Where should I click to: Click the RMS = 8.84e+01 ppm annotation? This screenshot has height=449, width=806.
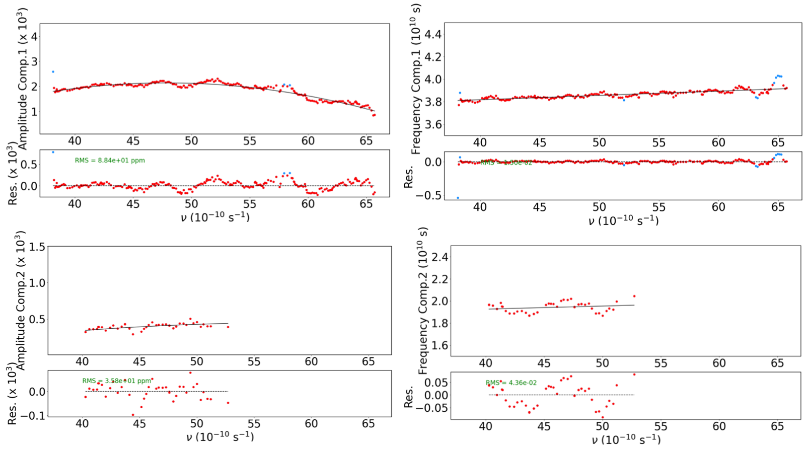[x=110, y=161]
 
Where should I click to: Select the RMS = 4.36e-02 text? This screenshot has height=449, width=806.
[x=511, y=383]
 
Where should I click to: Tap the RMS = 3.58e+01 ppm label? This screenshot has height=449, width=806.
[x=117, y=381]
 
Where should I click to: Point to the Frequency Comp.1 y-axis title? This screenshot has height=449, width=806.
[x=416, y=79]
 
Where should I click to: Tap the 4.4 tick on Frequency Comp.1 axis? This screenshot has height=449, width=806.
[x=433, y=34]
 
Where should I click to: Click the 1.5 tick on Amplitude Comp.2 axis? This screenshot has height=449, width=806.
[x=37, y=247]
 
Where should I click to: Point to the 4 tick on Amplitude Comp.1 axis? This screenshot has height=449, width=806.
[x=34, y=36]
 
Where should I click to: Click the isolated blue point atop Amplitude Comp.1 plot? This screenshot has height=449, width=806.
[x=53, y=72]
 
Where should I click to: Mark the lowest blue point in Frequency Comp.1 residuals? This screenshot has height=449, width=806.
[x=458, y=198]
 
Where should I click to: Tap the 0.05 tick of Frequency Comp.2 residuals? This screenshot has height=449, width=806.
[x=436, y=383]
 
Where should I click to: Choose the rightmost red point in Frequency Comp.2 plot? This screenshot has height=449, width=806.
[x=634, y=296]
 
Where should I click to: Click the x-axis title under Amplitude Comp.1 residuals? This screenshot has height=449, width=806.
[x=215, y=217]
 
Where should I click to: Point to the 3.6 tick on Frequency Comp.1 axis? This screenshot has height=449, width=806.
[x=433, y=124]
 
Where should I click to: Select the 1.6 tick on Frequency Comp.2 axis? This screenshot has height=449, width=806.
[x=439, y=345]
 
